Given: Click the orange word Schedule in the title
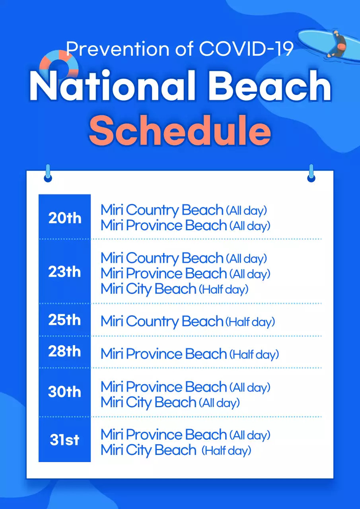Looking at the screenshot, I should click(180, 130).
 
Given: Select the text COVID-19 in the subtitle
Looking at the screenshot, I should click(246, 49).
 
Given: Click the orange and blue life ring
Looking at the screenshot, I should click(59, 64).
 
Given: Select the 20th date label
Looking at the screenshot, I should click(64, 218).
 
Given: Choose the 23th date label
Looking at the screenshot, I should click(64, 272).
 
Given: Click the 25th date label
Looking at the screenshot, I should click(64, 320).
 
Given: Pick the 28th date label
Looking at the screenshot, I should click(64, 352).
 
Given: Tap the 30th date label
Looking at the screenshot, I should click(64, 392).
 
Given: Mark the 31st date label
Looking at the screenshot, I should click(64, 440).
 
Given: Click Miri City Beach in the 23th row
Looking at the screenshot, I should click(148, 289).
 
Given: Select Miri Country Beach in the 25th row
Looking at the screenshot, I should click(162, 321).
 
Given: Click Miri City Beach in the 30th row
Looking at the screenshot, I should click(148, 402).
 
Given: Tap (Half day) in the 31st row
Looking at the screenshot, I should click(226, 451).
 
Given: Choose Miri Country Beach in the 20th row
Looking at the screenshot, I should click(162, 210).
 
